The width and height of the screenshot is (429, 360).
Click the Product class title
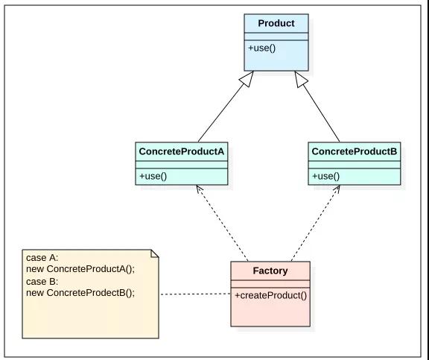click(276, 23)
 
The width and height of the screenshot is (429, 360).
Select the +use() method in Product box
click(262, 48)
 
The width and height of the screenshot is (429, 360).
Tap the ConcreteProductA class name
click(182, 151)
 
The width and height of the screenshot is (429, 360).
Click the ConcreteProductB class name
click(354, 151)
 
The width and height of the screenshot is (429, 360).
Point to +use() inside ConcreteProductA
click(153, 177)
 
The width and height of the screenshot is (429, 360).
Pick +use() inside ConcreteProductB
click(325, 177)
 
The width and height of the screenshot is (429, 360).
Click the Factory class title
click(270, 271)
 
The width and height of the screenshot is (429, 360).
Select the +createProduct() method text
click(270, 296)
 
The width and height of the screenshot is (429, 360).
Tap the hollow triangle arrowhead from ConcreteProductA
click(247, 79)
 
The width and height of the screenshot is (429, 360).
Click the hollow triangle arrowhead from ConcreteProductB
click(301, 79)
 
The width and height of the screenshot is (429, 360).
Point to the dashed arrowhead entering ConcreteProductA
click(199, 189)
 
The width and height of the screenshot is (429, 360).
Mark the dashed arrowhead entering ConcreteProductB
click(337, 189)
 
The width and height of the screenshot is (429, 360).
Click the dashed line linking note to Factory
click(195, 294)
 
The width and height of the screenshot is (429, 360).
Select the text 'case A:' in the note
click(42, 258)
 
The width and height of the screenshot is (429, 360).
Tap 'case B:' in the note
click(42, 282)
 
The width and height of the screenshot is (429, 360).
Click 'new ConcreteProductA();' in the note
click(80, 269)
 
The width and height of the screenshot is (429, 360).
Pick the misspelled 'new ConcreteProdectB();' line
click(80, 293)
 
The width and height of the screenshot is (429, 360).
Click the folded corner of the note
click(155, 253)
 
